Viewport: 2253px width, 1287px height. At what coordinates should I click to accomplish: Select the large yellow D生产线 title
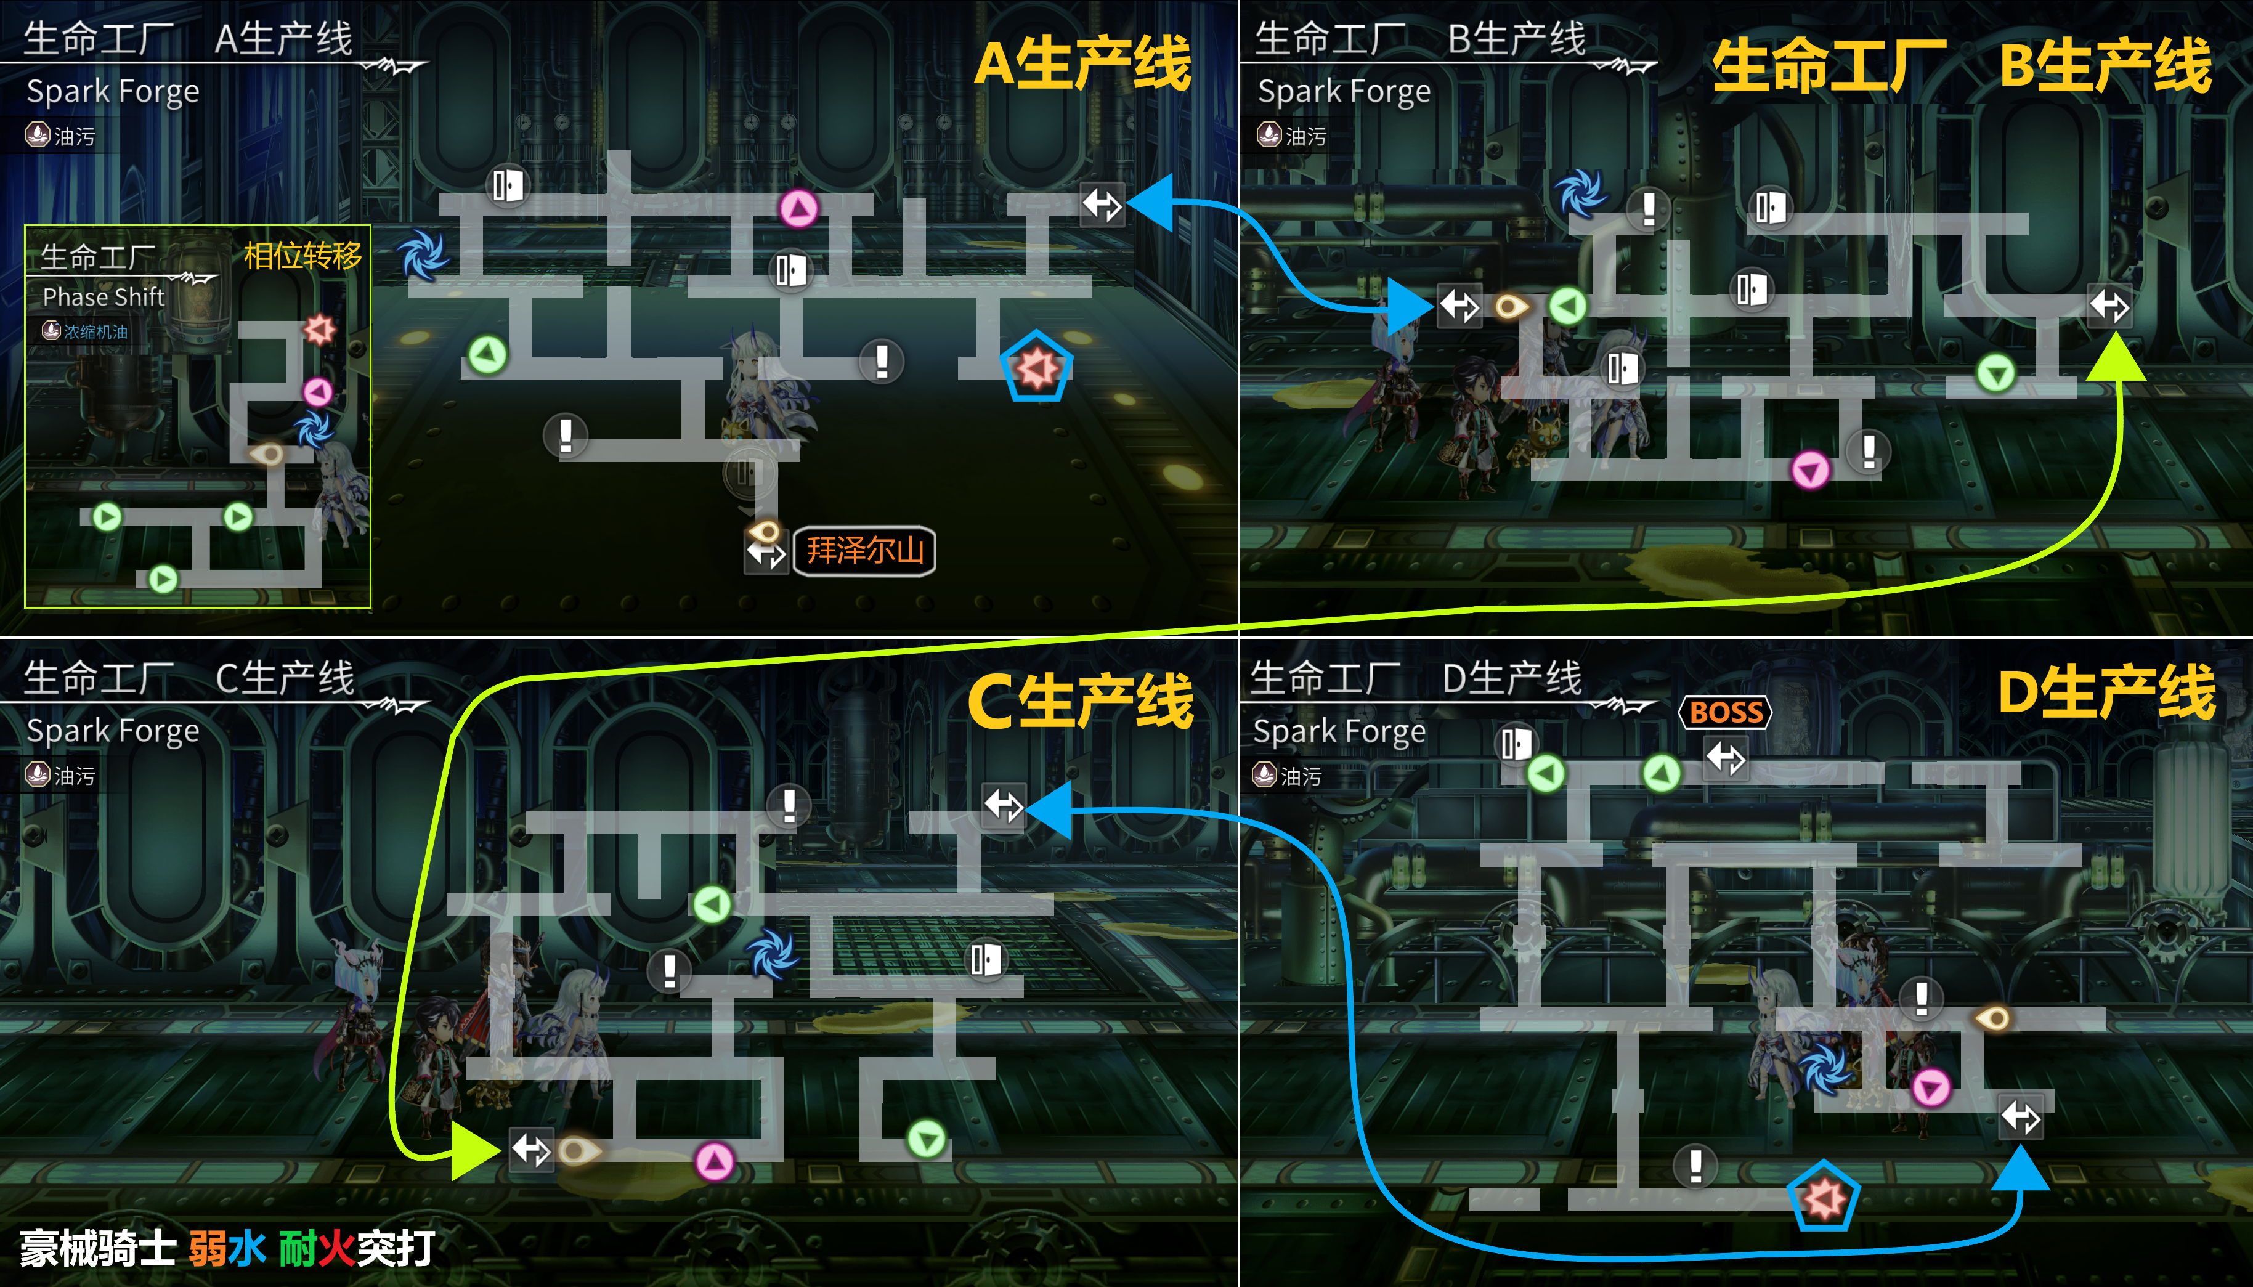coord(2107,692)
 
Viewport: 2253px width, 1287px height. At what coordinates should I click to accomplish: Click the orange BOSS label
coord(1725,712)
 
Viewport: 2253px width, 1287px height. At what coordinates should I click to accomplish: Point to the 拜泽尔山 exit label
coord(864,551)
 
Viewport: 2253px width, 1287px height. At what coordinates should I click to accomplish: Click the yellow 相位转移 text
coord(302,256)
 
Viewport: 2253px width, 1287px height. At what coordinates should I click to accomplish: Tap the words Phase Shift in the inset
coord(104,297)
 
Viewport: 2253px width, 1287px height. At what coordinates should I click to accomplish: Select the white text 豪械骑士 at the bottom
coord(97,1248)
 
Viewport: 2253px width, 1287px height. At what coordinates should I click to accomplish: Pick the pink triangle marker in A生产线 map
coord(799,209)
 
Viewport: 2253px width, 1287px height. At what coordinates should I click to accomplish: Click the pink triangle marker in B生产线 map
coord(1809,469)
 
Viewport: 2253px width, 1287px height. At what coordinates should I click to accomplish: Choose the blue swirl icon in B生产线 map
coord(1580,193)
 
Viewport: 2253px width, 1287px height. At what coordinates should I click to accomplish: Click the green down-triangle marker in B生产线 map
coord(1995,373)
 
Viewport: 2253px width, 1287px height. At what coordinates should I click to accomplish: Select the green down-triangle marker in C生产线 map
coord(927,1139)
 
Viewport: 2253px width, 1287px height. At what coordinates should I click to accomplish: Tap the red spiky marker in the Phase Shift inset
coord(319,330)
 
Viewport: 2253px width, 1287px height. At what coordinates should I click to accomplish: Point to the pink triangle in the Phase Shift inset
coord(318,391)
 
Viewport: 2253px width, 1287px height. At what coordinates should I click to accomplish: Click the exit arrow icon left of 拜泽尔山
coord(765,554)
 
